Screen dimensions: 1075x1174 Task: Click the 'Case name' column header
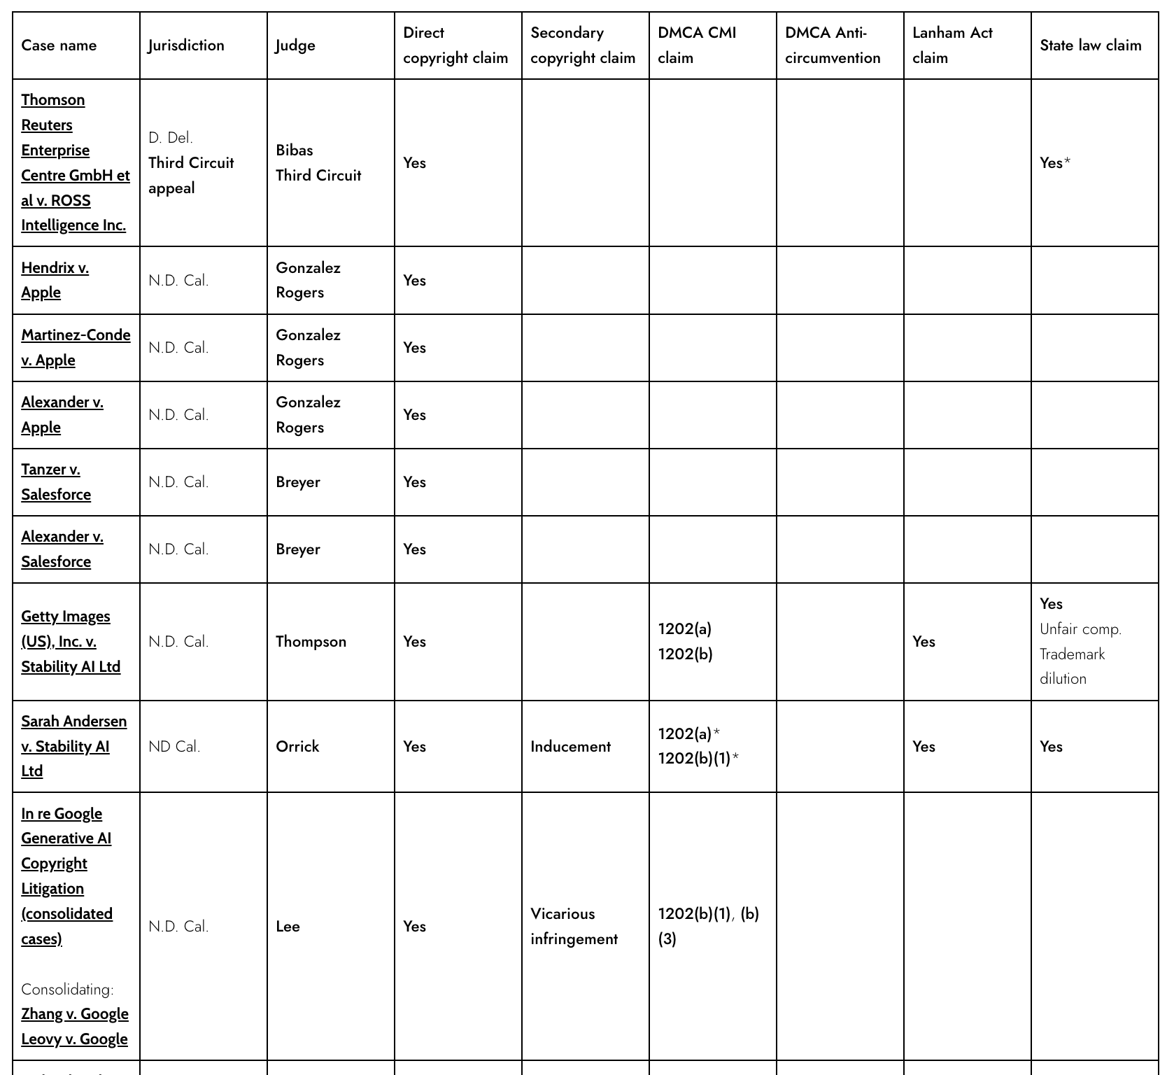[x=59, y=45]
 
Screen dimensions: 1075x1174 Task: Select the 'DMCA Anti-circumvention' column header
[x=833, y=45]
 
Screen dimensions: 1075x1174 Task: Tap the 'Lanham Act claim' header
[x=952, y=45]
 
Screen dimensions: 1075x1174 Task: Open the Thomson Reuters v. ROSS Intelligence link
[x=73, y=162]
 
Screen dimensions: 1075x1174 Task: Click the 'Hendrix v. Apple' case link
[x=55, y=280]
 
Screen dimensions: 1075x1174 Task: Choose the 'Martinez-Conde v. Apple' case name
[x=75, y=347]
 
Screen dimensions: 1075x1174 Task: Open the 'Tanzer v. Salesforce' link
[x=55, y=482]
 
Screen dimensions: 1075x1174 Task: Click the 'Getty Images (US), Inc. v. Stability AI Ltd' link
[x=70, y=641]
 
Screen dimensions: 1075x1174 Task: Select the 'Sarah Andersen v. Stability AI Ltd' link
[x=73, y=746]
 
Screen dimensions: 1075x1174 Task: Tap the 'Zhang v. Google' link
[x=74, y=1014]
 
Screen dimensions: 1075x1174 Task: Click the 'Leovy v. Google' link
[x=74, y=1039]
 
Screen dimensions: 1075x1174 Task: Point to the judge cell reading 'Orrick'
[x=297, y=746]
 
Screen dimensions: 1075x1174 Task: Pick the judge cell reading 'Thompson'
[x=311, y=642]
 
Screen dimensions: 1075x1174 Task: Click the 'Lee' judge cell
[x=288, y=927]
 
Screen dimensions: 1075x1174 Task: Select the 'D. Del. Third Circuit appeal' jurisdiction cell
[x=190, y=162]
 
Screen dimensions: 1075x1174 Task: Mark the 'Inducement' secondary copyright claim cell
[x=570, y=747]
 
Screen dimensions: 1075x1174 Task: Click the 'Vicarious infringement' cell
[x=574, y=927]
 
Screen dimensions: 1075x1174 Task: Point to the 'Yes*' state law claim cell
[x=1055, y=163]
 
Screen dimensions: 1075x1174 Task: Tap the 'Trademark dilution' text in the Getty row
[x=1072, y=666]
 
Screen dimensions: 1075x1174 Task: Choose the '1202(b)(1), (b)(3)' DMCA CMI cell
[x=708, y=927]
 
